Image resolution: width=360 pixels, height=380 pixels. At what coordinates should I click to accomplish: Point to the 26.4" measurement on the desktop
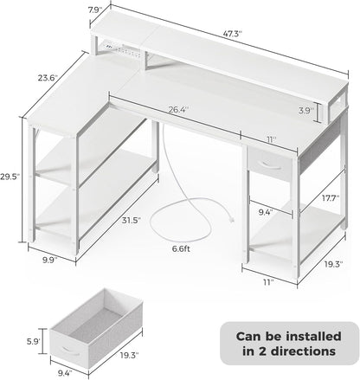pos(177,110)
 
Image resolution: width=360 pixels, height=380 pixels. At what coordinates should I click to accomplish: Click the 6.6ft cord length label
pos(183,250)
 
